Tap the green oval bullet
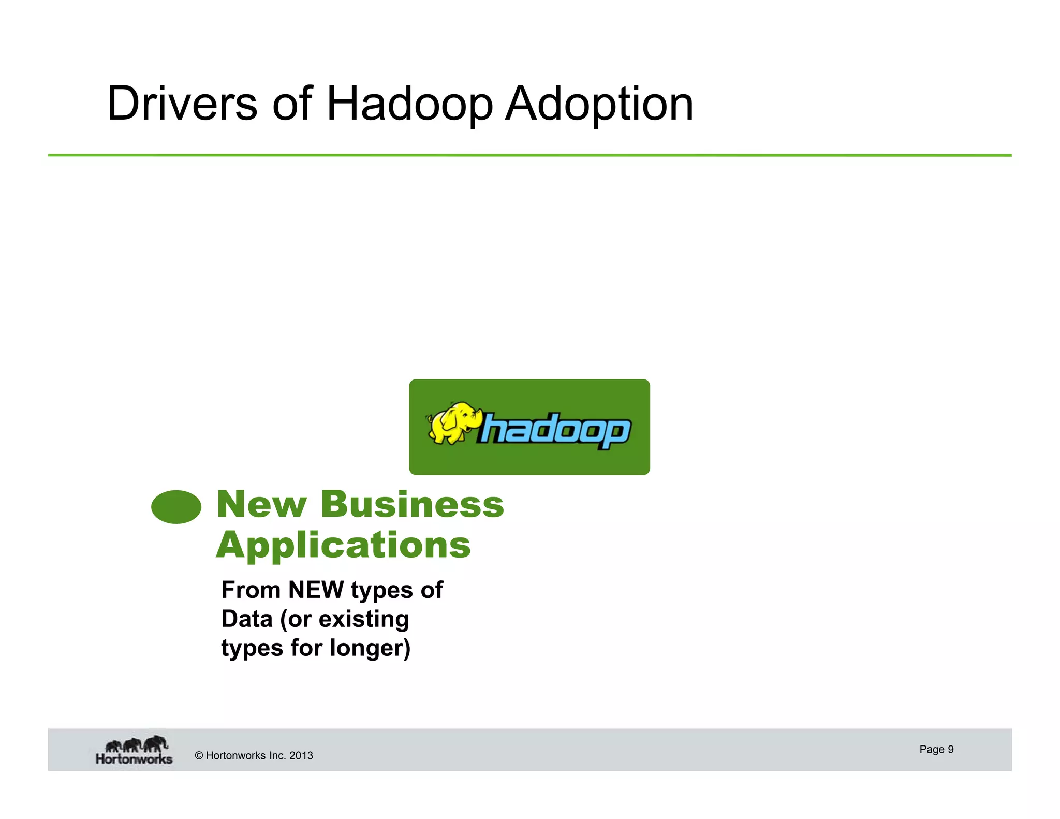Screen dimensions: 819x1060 (176, 507)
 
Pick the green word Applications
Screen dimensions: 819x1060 (344, 545)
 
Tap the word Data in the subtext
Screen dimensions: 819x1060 (247, 619)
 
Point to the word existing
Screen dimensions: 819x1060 (364, 619)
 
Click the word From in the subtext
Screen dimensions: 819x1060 (251, 590)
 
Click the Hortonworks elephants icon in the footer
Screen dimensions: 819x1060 (137, 744)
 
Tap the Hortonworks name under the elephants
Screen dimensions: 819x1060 (134, 759)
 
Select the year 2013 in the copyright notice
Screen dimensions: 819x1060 (301, 755)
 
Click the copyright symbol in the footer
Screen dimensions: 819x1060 (199, 755)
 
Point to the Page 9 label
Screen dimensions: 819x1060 (936, 749)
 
